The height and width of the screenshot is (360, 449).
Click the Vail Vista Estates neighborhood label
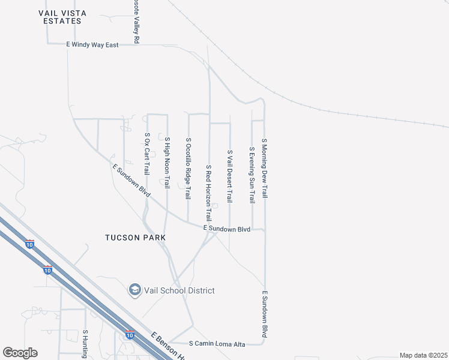tap(59, 16)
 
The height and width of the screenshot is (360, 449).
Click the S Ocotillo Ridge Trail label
tap(188, 169)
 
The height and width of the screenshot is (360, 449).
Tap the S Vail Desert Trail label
tap(229, 176)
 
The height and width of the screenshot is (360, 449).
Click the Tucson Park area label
tap(135, 238)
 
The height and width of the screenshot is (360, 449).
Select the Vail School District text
tap(178, 290)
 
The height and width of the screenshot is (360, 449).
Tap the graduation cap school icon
tap(134, 290)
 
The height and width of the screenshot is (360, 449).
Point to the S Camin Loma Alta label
tap(217, 344)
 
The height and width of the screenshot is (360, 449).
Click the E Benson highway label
tap(168, 347)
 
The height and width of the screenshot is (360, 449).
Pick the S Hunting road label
tap(85, 344)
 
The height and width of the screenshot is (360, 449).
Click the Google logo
tap(20, 352)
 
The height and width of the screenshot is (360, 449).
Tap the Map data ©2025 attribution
tap(423, 355)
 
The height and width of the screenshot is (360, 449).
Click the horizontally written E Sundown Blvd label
tap(226, 229)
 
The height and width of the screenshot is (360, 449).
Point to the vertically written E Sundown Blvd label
tap(264, 314)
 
